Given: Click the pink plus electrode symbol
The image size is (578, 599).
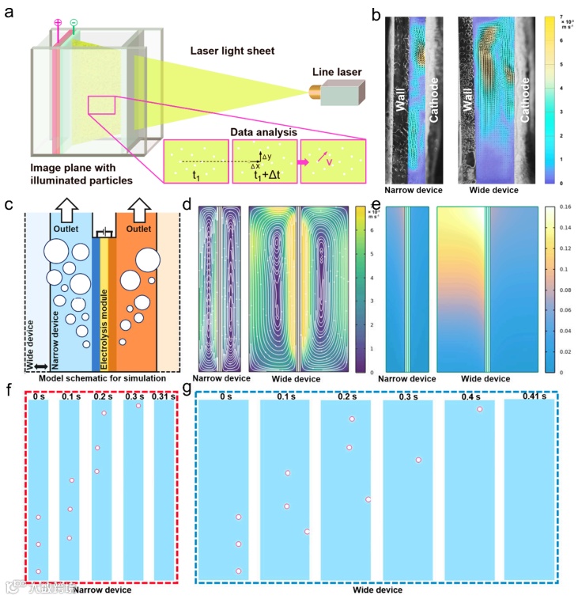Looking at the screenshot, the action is pyautogui.click(x=56, y=21).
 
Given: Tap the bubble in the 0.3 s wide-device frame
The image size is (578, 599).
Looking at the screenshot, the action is pyautogui.click(x=419, y=460).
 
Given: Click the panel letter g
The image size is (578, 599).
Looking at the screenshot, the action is pyautogui.click(x=187, y=389).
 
